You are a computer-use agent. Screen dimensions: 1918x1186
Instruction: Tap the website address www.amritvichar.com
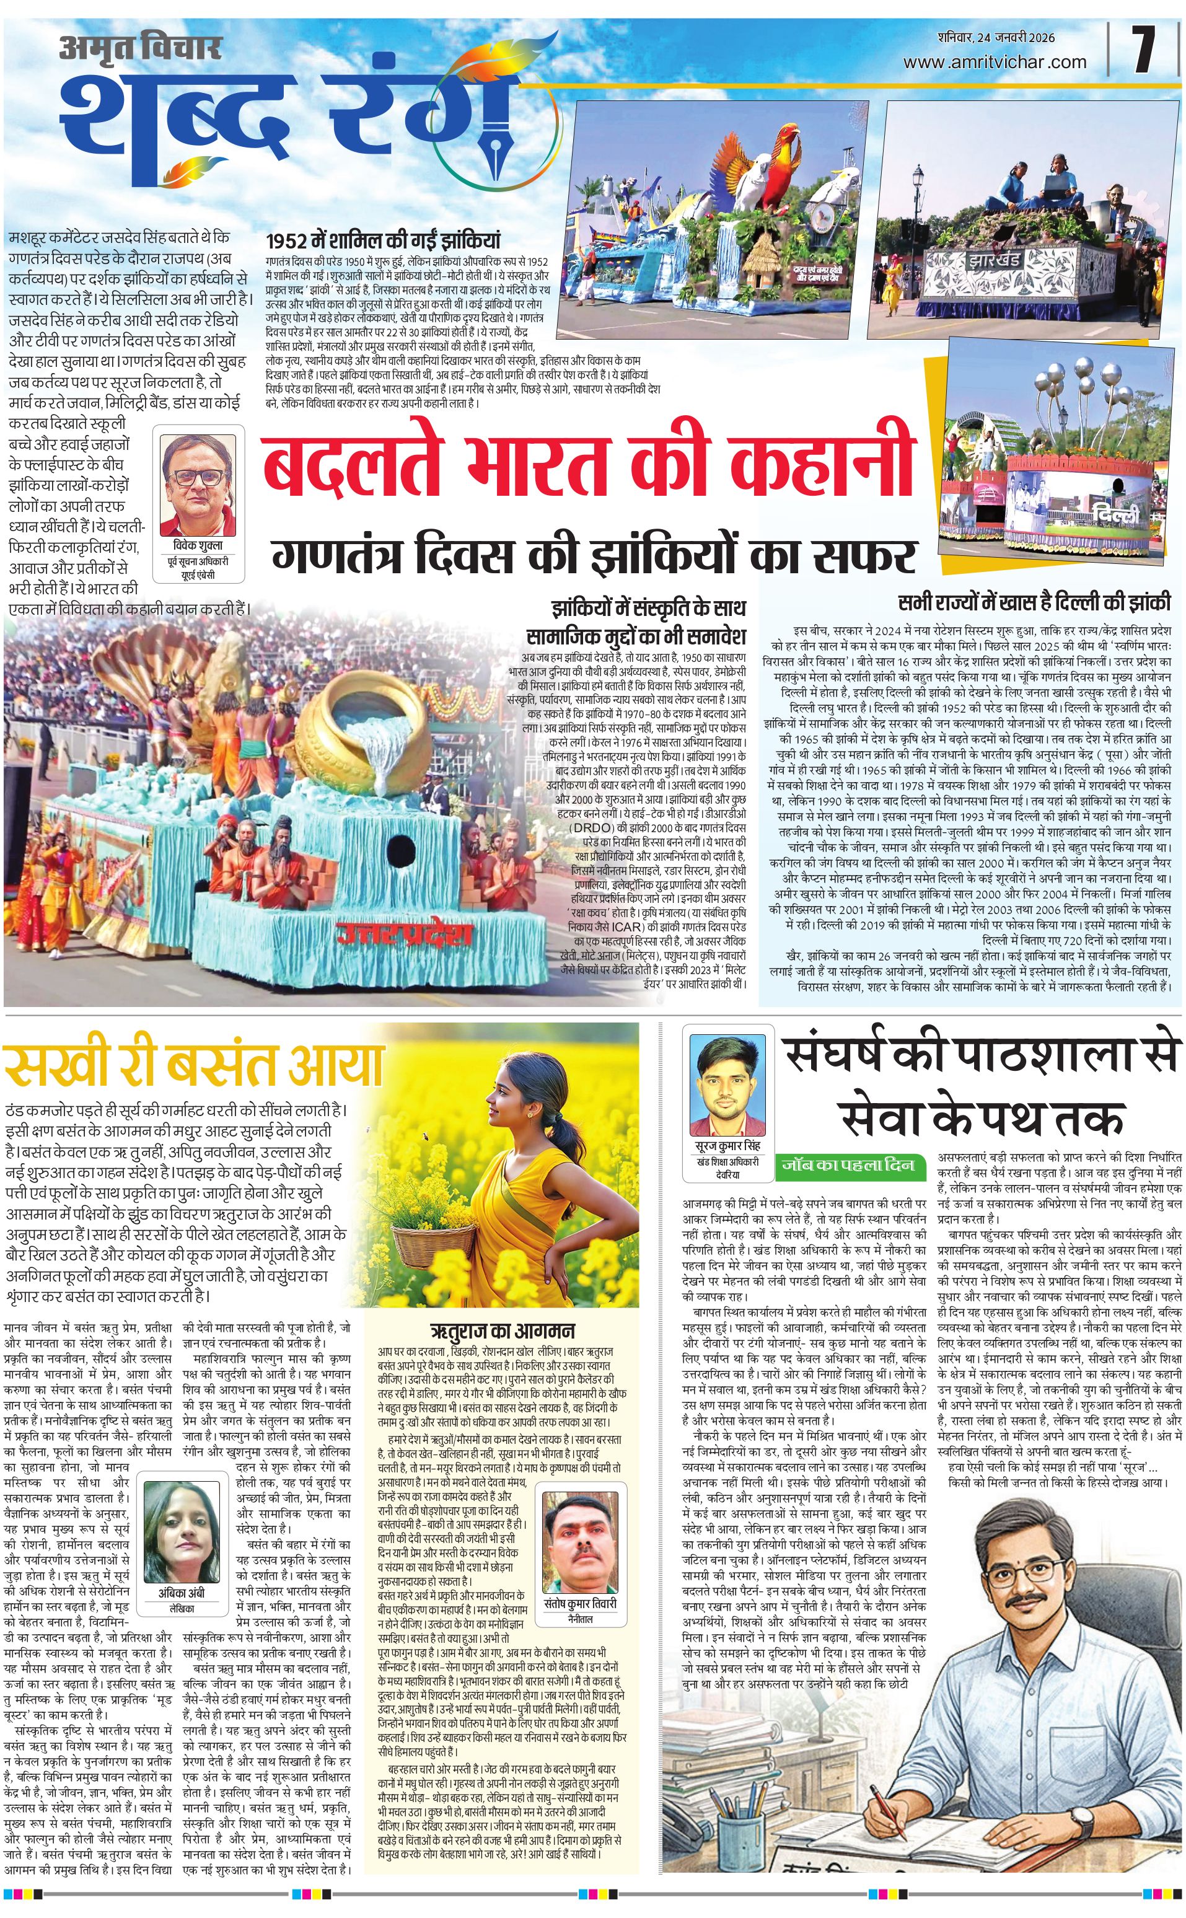click(x=995, y=62)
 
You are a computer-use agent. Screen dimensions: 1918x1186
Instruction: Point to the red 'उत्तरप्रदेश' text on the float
click(x=405, y=933)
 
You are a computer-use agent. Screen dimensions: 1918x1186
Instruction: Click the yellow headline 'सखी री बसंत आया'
click(x=193, y=1065)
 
